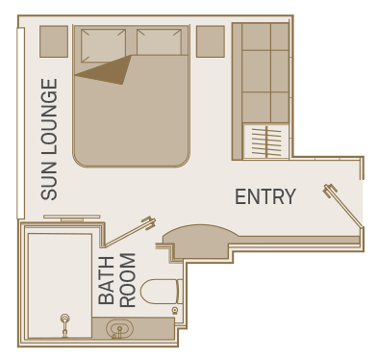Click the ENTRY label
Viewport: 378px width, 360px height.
click(265, 196)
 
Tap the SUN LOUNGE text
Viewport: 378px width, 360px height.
click(49, 140)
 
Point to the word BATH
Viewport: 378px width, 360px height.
click(106, 280)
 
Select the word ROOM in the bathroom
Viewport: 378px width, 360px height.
click(127, 280)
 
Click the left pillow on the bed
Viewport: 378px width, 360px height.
click(103, 44)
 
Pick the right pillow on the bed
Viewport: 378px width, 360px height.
click(159, 42)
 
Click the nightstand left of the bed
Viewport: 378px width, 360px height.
click(54, 41)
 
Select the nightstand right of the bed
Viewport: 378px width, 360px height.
click(211, 41)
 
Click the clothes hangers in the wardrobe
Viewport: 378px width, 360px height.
click(266, 141)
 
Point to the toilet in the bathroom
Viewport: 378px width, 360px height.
click(162, 292)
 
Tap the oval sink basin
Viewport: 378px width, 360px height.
click(119, 328)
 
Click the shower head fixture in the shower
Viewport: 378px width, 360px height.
click(65, 325)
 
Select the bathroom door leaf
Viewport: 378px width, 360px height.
click(127, 233)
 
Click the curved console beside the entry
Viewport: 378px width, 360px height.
click(200, 238)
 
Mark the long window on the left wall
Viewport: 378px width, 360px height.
click(20, 123)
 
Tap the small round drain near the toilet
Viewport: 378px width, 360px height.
click(175, 310)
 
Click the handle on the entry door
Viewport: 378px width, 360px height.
click(330, 190)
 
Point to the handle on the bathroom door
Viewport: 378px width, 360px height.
click(149, 222)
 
